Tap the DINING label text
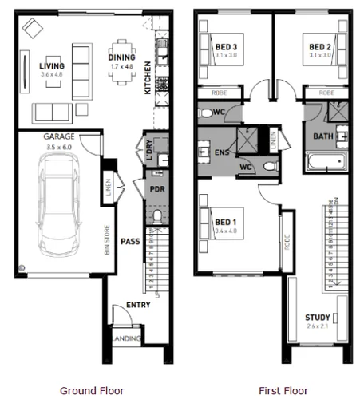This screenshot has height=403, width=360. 122,57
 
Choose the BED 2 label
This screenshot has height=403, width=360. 320,47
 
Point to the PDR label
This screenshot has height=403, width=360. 156,188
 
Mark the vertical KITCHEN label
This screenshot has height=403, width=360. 148,79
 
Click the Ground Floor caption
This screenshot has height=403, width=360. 92,391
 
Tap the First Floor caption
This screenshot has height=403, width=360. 283,391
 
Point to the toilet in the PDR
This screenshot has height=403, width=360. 156,215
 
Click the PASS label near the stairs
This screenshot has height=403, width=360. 130,240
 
